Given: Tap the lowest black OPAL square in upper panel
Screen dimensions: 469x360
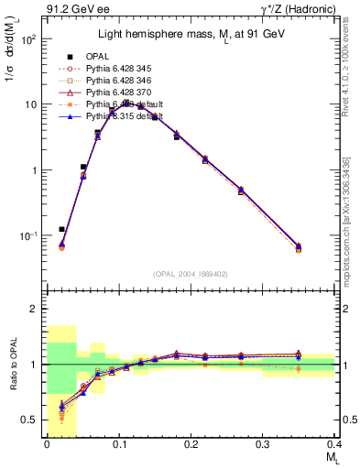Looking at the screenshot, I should pos(61,229).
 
